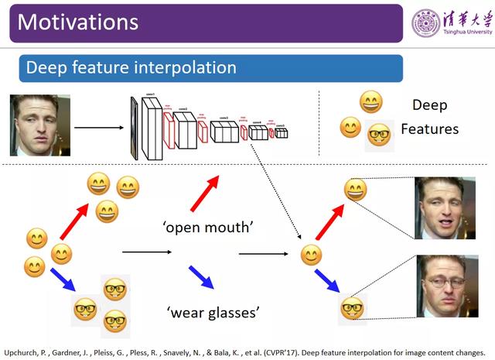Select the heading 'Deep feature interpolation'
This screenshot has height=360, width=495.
pyautogui.click(x=131, y=67)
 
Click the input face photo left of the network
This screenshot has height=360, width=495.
pyautogui.click(x=40, y=125)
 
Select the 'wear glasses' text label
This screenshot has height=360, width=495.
pyautogui.click(x=213, y=313)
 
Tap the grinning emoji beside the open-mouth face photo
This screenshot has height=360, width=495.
pyautogui.click(x=355, y=190)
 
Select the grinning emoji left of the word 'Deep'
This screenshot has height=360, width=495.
pyautogui.click(x=371, y=101)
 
